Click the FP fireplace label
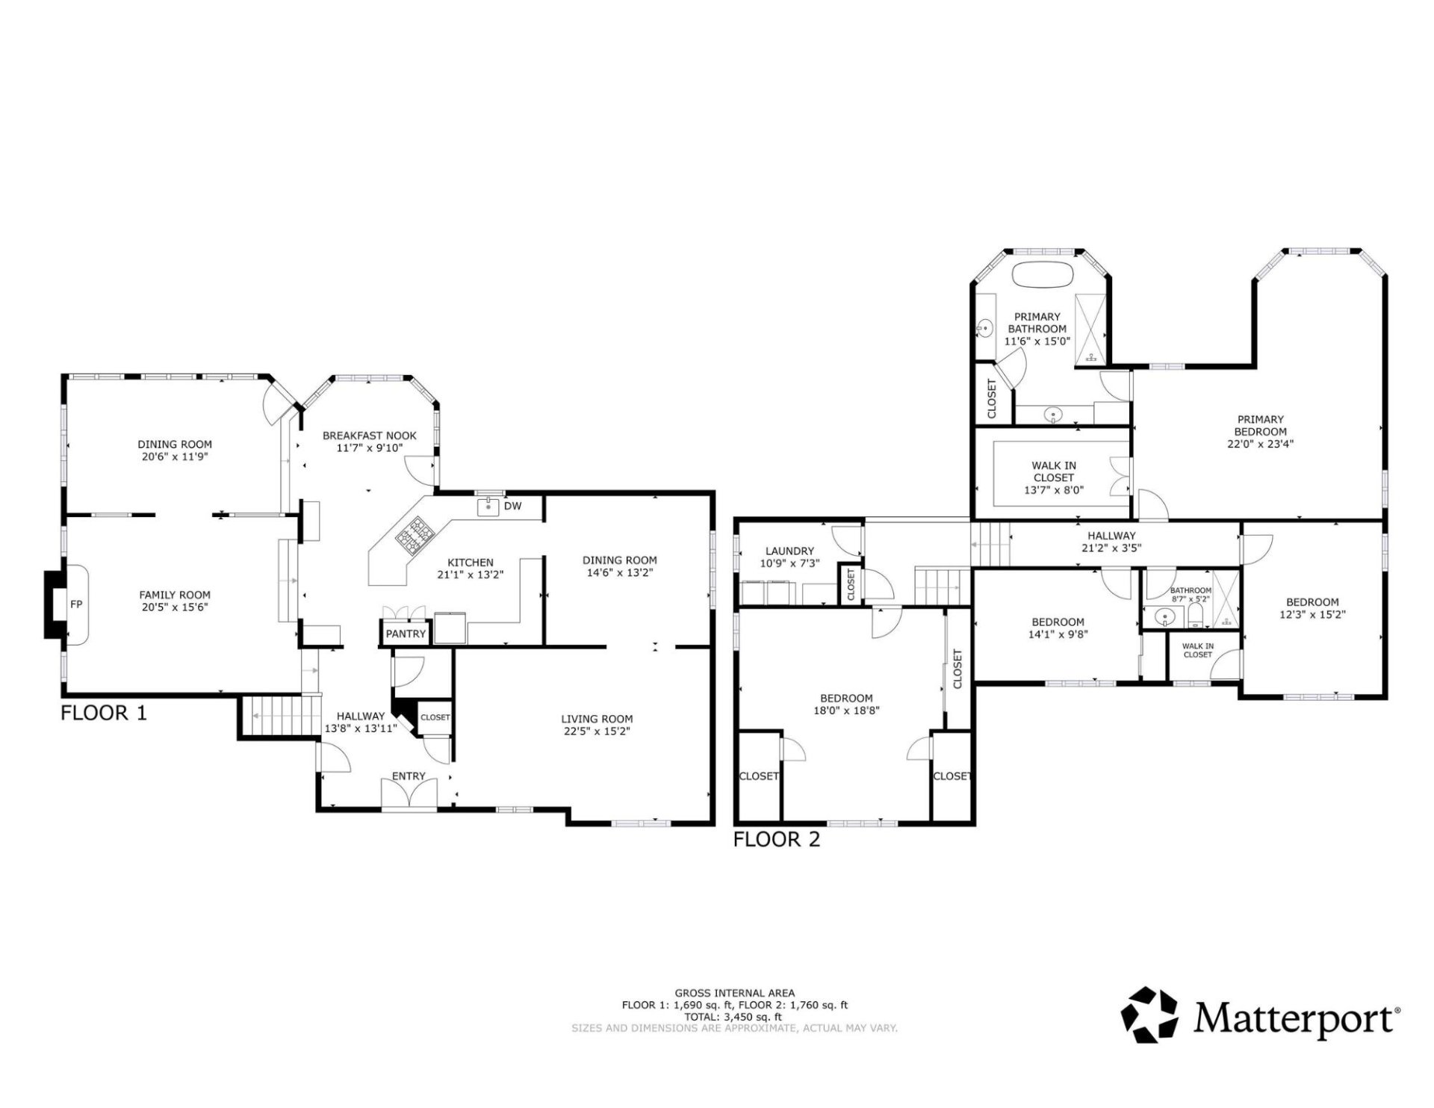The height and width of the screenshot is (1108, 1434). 76,604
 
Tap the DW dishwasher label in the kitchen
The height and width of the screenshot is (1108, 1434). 512,506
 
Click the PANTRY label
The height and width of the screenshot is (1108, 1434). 406,634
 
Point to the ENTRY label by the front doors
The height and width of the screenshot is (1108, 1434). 409,776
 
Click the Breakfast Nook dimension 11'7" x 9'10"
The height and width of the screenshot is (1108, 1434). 369,448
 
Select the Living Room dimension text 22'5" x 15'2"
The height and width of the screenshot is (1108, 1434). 597,731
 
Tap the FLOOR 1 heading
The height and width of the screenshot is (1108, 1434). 104,712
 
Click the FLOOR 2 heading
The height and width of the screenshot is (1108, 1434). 777,839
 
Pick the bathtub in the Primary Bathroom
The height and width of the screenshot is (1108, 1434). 1043,273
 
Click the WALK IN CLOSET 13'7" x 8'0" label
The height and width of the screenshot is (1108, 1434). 1054,477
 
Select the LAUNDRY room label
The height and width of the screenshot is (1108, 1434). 789,551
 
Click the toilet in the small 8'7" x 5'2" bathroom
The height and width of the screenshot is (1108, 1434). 1195,616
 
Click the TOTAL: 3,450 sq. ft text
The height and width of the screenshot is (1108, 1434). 734,1016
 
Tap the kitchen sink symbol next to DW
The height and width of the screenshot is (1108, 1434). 488,507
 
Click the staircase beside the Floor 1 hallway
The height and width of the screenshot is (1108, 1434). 277,716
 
